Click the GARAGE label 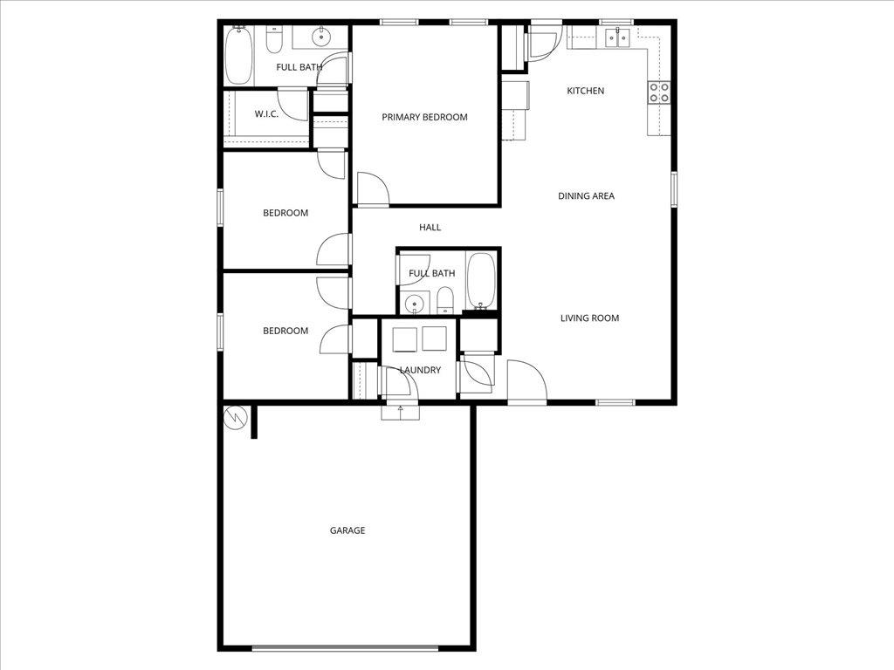tap(347, 530)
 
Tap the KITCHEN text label tap(585, 91)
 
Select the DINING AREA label tap(586, 196)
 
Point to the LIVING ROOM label tap(589, 318)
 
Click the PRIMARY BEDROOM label tap(424, 117)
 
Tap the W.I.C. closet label tap(266, 114)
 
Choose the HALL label tap(430, 228)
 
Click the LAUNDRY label tap(420, 370)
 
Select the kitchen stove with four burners tap(658, 92)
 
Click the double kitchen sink tap(618, 37)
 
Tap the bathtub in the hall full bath tap(479, 281)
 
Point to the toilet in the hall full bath tap(445, 302)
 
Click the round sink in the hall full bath tap(415, 304)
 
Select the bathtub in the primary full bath tap(237, 55)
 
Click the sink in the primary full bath tap(321, 37)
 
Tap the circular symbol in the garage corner tap(235, 418)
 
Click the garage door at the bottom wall tap(345, 647)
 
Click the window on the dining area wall tap(673, 189)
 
